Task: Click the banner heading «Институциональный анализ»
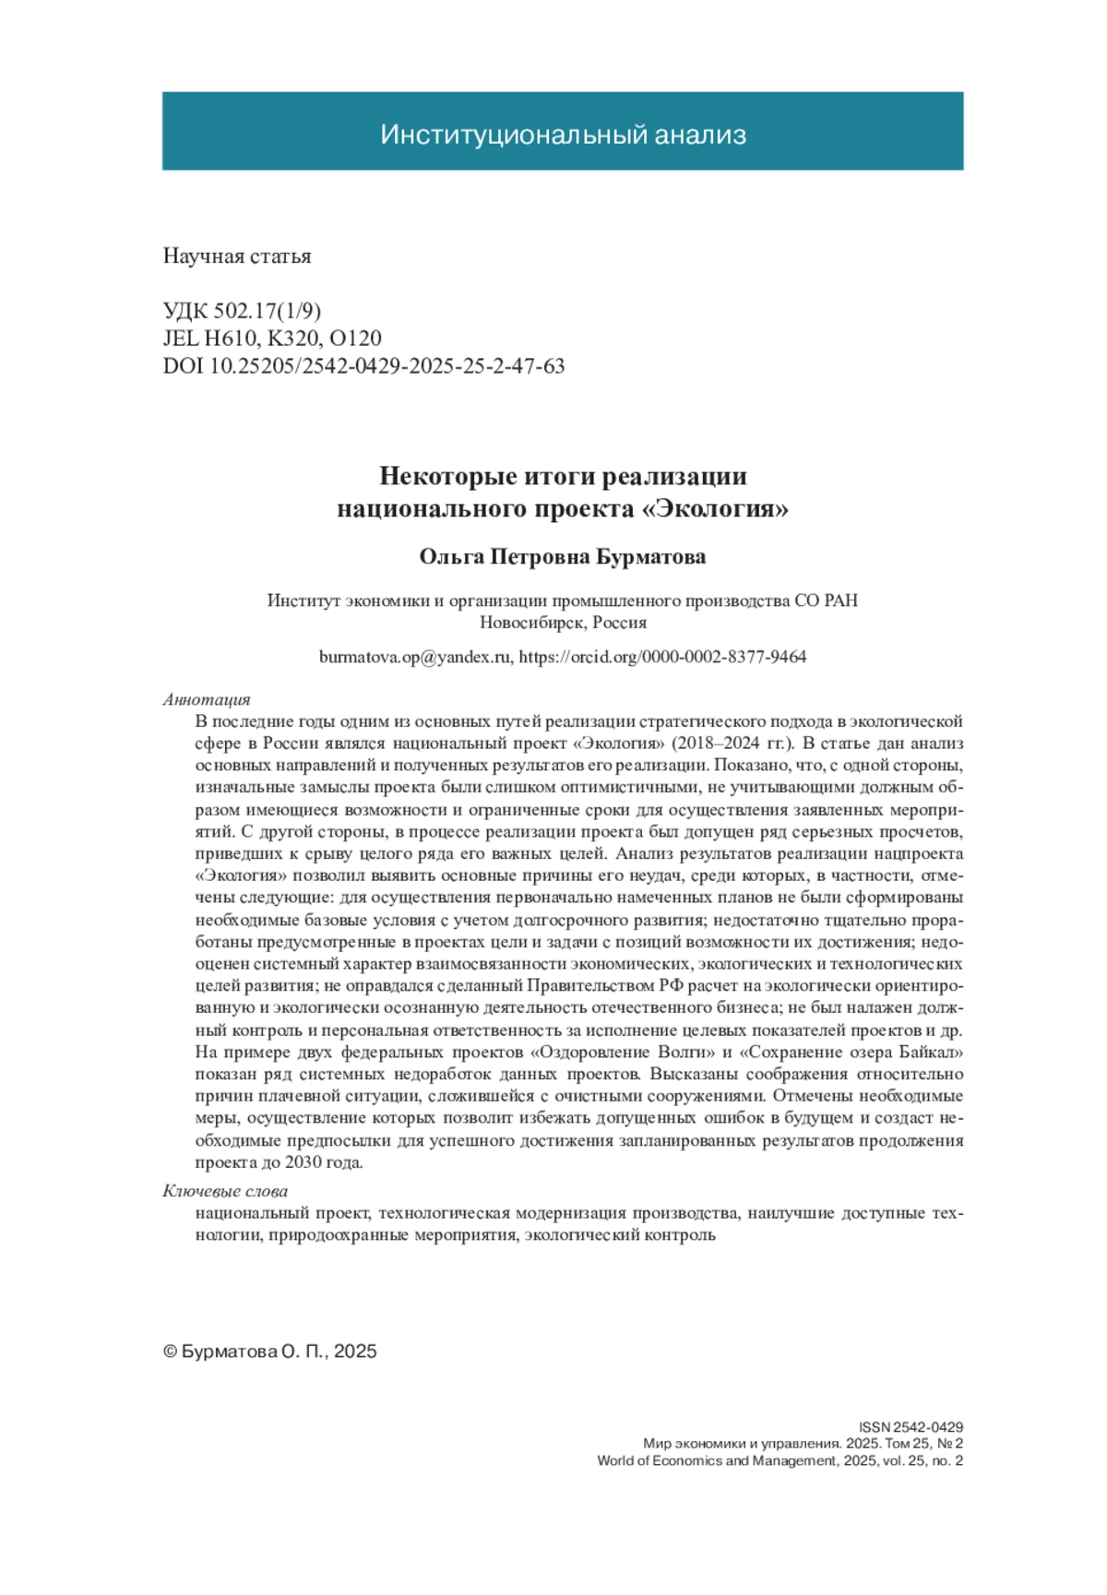click(563, 135)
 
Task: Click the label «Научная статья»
click(237, 256)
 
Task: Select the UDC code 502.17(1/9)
click(268, 311)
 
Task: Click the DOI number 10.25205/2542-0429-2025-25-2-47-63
click(387, 366)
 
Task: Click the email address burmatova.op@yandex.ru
click(414, 658)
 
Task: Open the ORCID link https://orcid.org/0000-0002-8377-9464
click(662, 658)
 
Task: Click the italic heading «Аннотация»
click(207, 700)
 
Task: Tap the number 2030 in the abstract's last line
click(304, 1163)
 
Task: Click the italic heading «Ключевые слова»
click(225, 1192)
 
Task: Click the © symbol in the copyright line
click(170, 1351)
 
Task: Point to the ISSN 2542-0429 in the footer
click(911, 1427)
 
